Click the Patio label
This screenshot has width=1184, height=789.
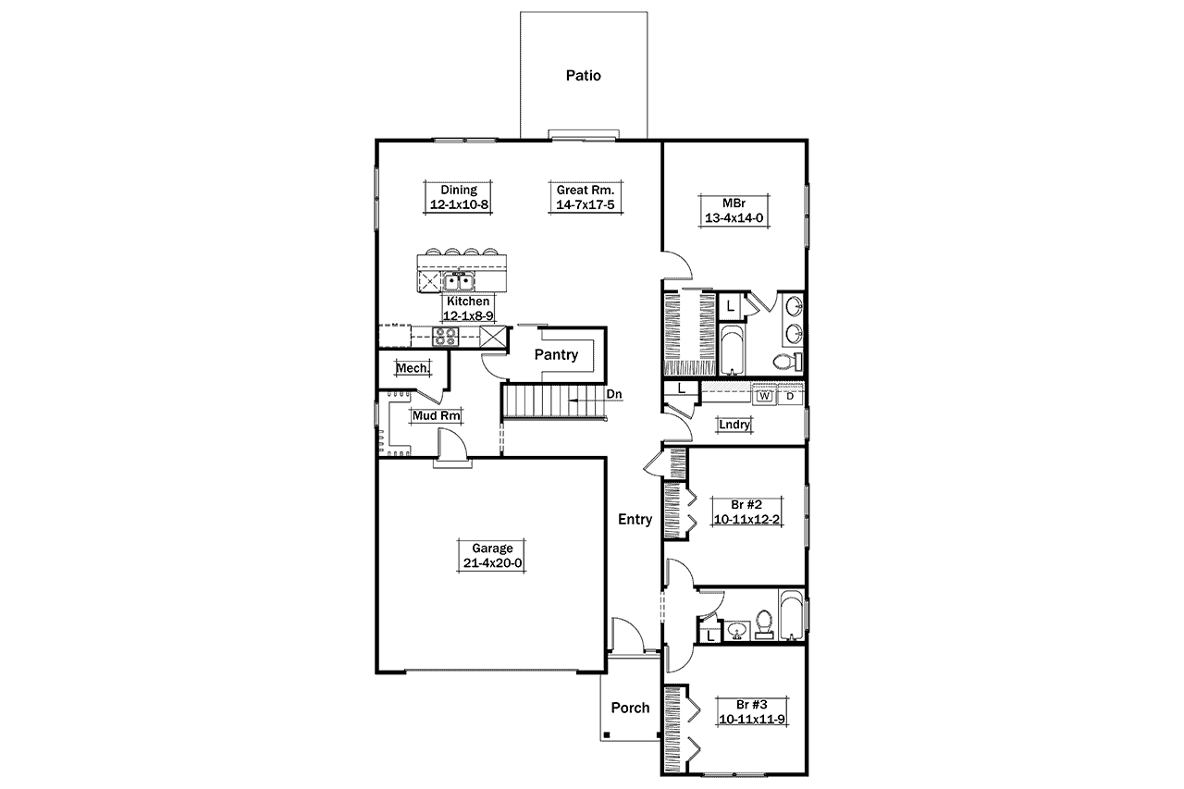[583, 76]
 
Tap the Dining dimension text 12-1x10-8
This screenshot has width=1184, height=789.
[459, 205]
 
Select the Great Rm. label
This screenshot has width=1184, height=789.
[585, 190]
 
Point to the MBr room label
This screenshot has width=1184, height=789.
[736, 203]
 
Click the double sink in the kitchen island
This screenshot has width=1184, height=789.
[459, 281]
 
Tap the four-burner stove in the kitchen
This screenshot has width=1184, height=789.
[446, 336]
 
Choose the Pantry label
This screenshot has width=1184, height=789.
[557, 354]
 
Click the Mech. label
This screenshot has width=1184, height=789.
[412, 368]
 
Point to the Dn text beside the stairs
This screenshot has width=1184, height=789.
[614, 395]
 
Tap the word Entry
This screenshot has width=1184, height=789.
[635, 520]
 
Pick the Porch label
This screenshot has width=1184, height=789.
[630, 708]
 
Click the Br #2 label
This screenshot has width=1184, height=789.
[746, 505]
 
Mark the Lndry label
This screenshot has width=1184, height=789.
[734, 425]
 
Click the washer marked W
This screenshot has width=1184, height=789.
[765, 396]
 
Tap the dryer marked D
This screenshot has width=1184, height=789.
[790, 396]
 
